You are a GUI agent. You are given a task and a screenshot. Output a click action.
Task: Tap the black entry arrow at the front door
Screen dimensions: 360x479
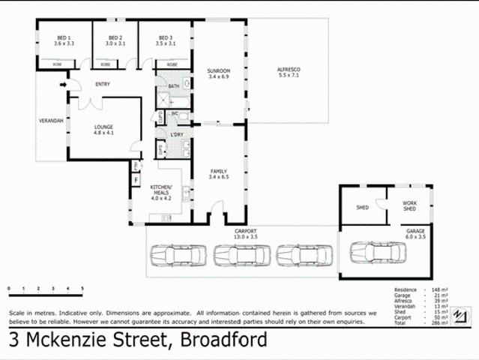pyautogui.click(x=63, y=84)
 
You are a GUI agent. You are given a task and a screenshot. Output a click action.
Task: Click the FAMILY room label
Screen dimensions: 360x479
pyautogui.click(x=220, y=174)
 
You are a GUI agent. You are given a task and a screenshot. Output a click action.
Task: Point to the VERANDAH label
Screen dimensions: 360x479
pyautogui.click(x=50, y=121)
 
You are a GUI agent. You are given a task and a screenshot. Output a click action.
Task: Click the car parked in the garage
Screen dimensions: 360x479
pyautogui.click(x=378, y=255)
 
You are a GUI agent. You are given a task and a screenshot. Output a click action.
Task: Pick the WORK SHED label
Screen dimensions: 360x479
pyautogui.click(x=409, y=205)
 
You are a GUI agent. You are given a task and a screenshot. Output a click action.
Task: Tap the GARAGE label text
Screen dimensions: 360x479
pyautogui.click(x=416, y=231)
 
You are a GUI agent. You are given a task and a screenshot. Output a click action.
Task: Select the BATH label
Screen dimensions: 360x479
pyautogui.click(x=174, y=86)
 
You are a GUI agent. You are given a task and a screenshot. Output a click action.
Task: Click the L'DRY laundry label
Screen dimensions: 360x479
pyautogui.click(x=177, y=134)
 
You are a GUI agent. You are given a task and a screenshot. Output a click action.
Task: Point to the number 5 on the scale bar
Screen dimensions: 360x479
pyautogui.click(x=82, y=289)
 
